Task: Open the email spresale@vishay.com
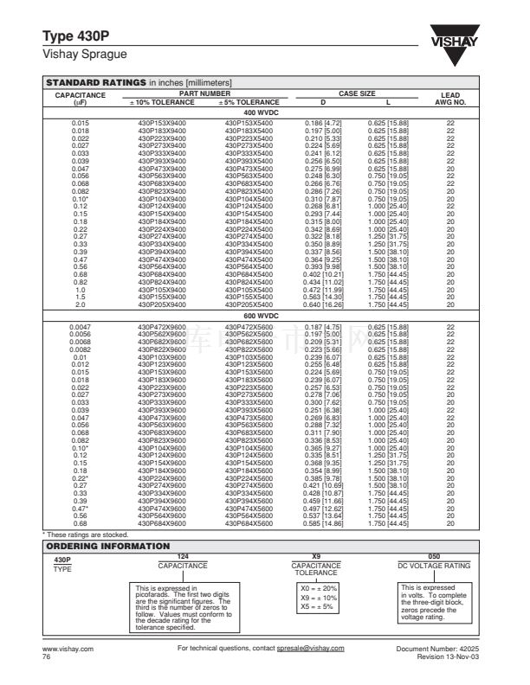point(304,648)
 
